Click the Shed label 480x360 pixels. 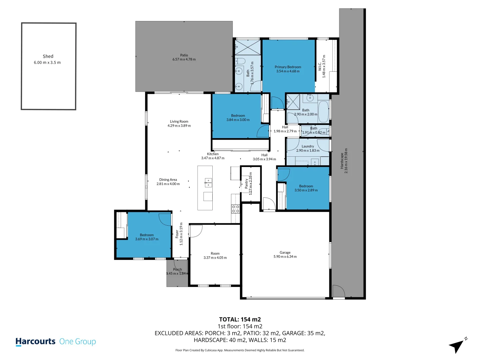click(48, 56)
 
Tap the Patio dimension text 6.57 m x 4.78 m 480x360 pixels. click(184, 59)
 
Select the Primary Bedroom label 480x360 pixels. click(288, 67)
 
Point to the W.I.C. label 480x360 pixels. click(320, 66)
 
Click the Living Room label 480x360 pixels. click(179, 122)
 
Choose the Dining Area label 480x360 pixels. click(168, 180)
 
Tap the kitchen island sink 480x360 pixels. click(208, 183)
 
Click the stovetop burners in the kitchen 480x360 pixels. click(236, 209)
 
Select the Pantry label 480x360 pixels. click(246, 184)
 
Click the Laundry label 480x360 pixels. click(308, 146)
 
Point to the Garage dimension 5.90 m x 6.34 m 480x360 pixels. click(285, 257)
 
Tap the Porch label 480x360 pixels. click(177, 270)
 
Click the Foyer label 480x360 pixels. click(177, 234)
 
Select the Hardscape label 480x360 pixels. click(342, 161)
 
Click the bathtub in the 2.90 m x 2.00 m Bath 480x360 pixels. click(323, 111)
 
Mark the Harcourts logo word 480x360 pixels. click(35, 341)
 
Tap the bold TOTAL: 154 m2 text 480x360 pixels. click(240, 319)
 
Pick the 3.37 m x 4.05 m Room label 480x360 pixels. click(215, 254)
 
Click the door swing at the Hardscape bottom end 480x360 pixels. click(338, 291)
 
